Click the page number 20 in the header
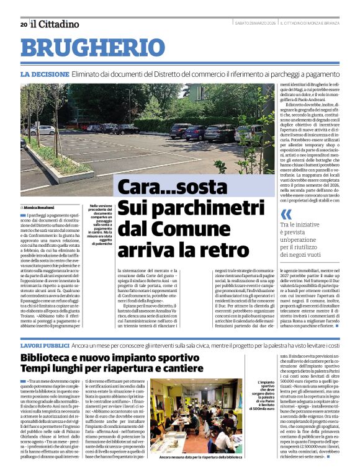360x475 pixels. point(23,25)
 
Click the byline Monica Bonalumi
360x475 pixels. point(38,207)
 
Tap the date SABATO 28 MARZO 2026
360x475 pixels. point(255,24)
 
